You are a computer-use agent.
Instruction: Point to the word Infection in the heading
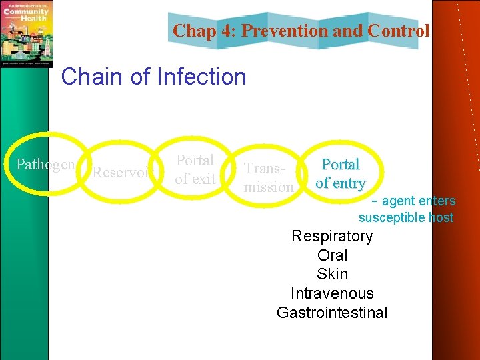(201, 77)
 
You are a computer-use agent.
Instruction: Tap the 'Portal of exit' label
(195, 169)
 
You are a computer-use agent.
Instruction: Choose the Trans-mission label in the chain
(268, 178)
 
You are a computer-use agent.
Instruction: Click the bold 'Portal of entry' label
(340, 173)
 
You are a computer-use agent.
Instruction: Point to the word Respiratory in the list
(332, 236)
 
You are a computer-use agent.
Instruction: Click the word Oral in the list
(332, 255)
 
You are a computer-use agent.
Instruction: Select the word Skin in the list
(332, 274)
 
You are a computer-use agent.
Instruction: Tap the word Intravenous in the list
(332, 293)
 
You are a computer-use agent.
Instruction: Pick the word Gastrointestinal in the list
(332, 313)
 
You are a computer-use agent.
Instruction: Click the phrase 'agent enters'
(418, 201)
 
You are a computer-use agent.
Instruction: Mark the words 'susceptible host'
(406, 217)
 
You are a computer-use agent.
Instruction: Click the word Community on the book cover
(27, 11)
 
